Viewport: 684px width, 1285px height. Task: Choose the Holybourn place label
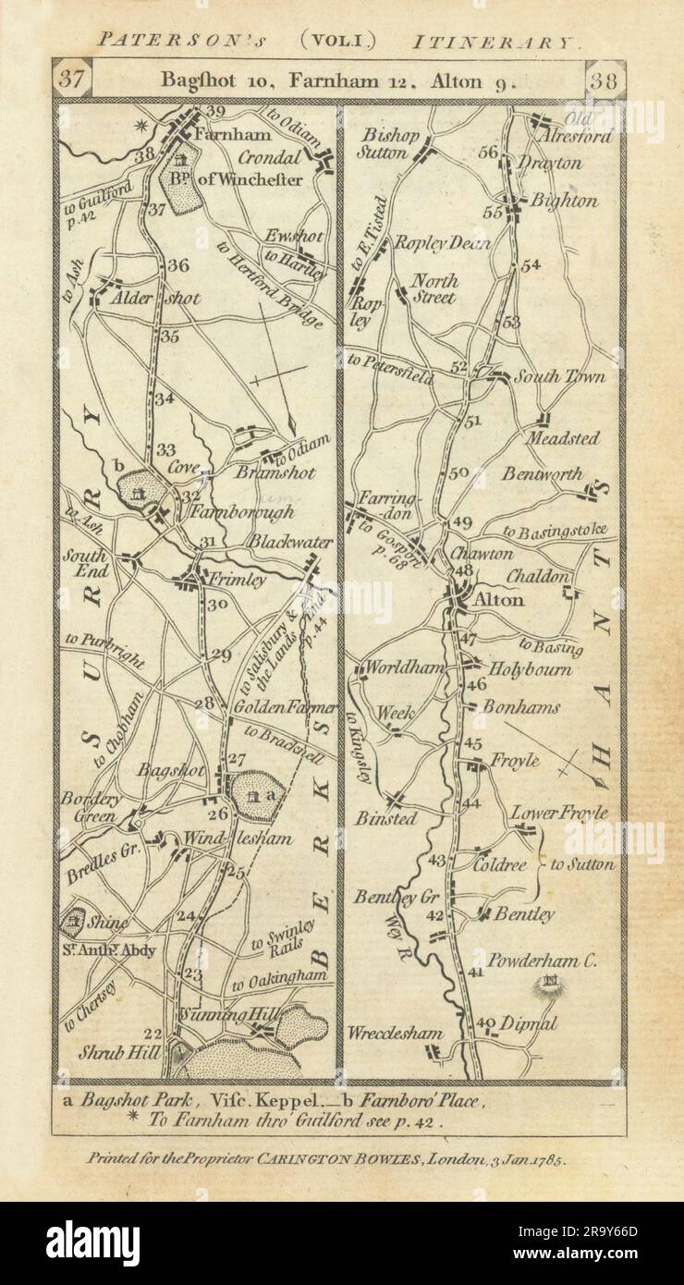(530, 668)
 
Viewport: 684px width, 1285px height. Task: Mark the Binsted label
(386, 819)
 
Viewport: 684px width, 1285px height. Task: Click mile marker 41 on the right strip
(476, 972)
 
